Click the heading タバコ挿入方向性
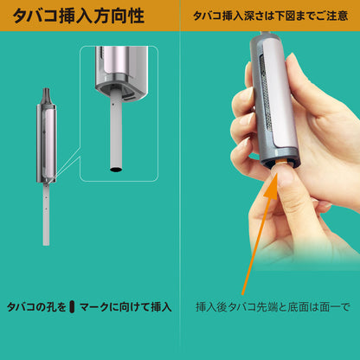pyautogui.click(x=78, y=16)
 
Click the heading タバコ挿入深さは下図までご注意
pyautogui.click(x=270, y=16)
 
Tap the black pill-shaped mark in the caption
pyautogui.click(x=72, y=307)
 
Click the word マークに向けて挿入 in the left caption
pyautogui.click(x=125, y=307)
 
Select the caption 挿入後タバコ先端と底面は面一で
pyautogui.click(x=273, y=307)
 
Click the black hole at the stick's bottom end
pyautogui.click(x=116, y=169)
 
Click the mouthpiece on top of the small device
pyautogui.click(x=46, y=95)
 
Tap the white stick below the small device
pyautogui.click(x=46, y=214)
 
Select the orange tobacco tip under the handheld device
pyautogui.click(x=281, y=162)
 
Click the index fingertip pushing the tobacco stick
pyautogui.click(x=280, y=175)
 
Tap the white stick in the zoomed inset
pyautogui.click(x=116, y=132)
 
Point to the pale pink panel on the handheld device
pyautogui.click(x=280, y=93)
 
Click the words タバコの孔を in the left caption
pyautogui.click(x=36, y=307)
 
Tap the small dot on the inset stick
pyautogui.click(x=114, y=105)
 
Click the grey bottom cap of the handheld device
pyautogui.click(x=280, y=158)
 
